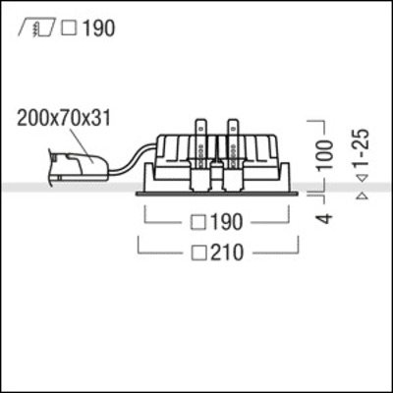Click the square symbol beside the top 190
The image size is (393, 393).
[x=67, y=28]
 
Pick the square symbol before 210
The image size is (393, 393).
[x=194, y=253]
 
